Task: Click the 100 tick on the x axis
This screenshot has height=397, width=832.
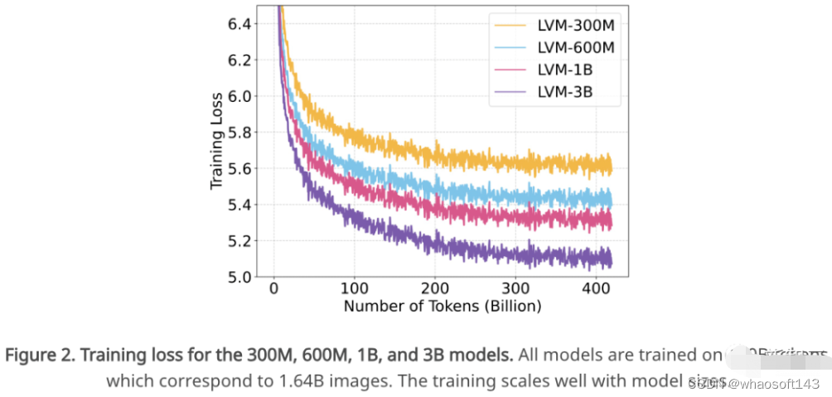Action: pyautogui.click(x=355, y=289)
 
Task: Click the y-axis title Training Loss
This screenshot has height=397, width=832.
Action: pyautogui.click(x=217, y=141)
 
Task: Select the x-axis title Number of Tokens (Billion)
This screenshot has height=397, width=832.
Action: pyautogui.click(x=442, y=306)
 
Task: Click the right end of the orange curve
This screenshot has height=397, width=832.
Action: pyautogui.click(x=611, y=166)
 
